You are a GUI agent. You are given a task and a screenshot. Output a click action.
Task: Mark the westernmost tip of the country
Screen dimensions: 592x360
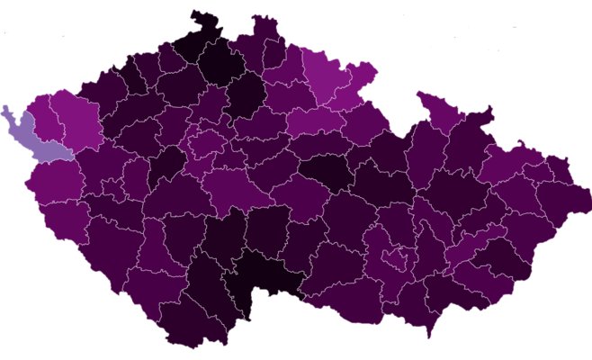pos(4,108)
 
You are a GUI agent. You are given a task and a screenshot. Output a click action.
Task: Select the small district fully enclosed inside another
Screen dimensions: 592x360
pos(392,260)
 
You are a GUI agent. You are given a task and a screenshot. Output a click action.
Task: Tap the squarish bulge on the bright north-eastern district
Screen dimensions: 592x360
pos(363,72)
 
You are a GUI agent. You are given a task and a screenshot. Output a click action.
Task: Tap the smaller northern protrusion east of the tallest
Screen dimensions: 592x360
pos(264,23)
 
